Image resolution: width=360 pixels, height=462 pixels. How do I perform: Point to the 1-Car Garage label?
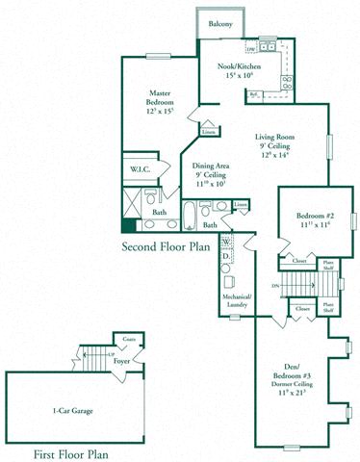pos(75,409)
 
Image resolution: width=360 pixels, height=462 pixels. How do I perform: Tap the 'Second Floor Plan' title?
pos(166,247)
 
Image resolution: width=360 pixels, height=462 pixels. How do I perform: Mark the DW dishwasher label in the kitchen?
pos(250,47)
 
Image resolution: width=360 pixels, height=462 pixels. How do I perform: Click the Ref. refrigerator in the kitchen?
pos(255,94)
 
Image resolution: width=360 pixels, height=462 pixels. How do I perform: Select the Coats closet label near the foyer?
pos(128,340)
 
